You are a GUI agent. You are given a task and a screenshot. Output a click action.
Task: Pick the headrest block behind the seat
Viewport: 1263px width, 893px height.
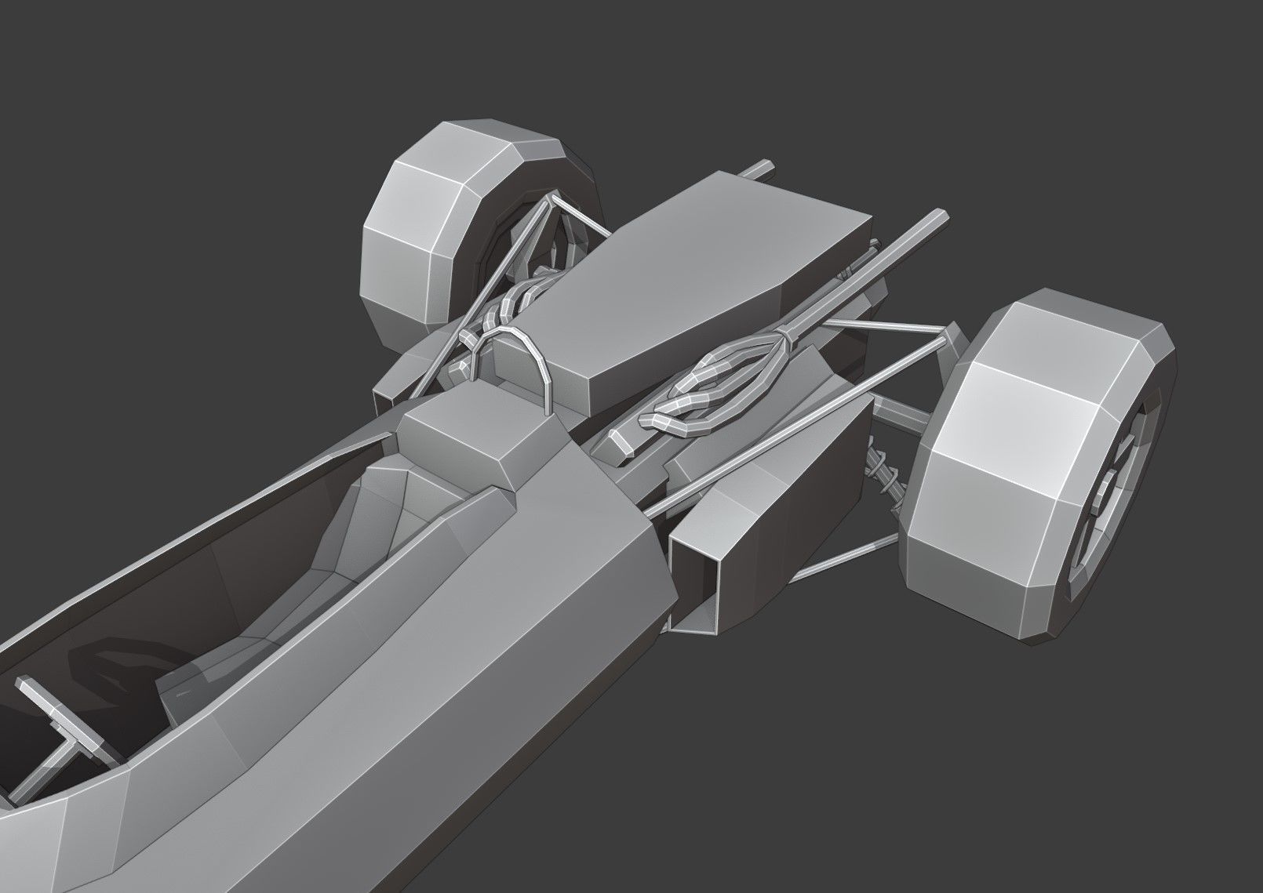(x=479, y=439)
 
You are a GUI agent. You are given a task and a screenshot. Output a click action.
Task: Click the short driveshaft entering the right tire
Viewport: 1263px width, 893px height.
(x=902, y=411)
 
